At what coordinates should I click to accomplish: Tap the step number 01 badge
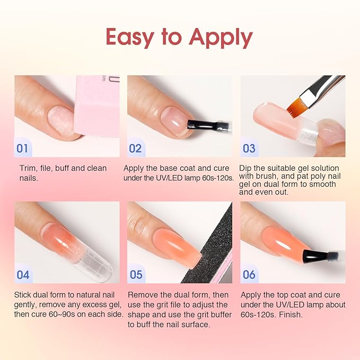tap(22, 148)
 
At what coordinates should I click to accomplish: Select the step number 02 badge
tap(135, 148)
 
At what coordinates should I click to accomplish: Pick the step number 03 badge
tap(249, 148)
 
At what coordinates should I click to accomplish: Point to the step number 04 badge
tap(23, 274)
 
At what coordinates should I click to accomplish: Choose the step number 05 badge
tap(136, 274)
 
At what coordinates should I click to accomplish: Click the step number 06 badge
tap(249, 274)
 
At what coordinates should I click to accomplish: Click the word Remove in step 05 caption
tap(143, 295)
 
